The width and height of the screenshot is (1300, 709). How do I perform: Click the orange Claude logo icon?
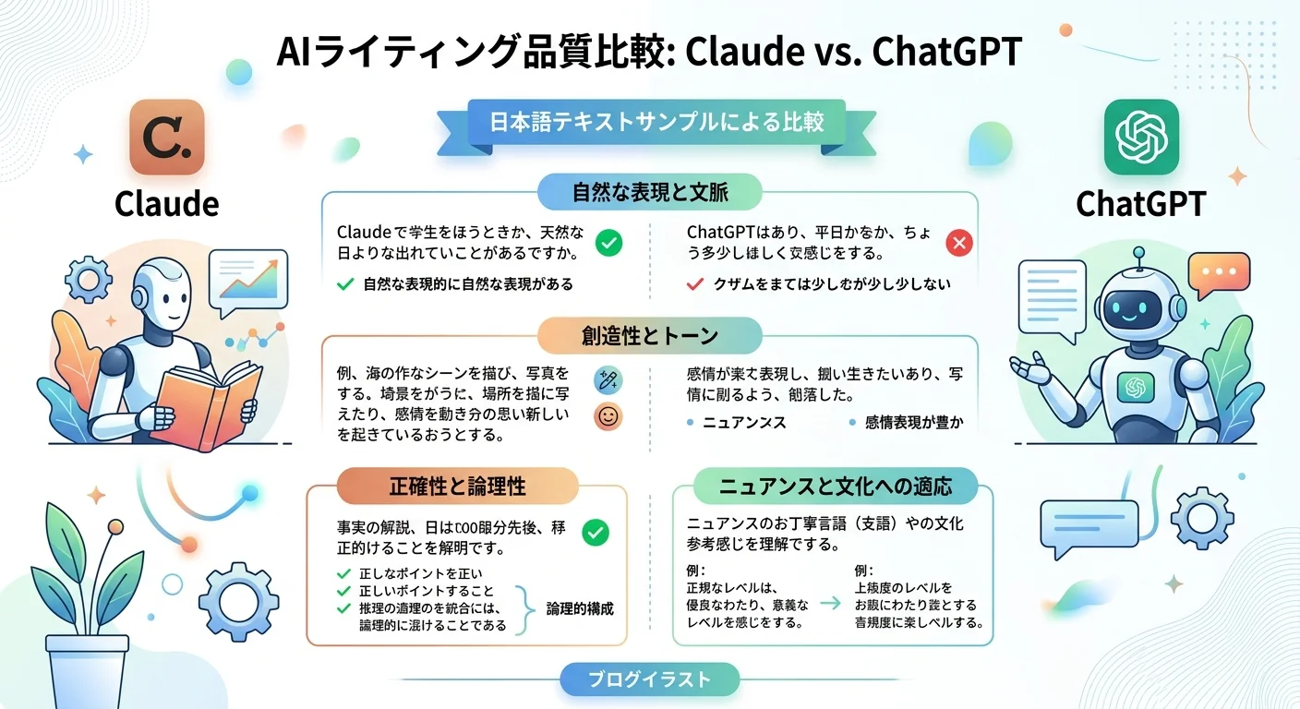(166, 138)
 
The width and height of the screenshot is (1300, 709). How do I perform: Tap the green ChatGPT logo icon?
(1141, 138)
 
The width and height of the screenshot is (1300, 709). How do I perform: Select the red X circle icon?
(959, 243)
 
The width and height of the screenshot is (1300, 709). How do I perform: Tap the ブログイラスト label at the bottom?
(650, 680)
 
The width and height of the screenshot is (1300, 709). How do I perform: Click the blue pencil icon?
(608, 379)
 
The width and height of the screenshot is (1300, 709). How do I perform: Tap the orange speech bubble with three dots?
(1218, 275)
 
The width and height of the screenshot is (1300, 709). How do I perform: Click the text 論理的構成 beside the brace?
(580, 608)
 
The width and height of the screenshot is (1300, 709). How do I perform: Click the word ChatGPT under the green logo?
(1141, 204)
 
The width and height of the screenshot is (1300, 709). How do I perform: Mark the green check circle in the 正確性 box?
(596, 533)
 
